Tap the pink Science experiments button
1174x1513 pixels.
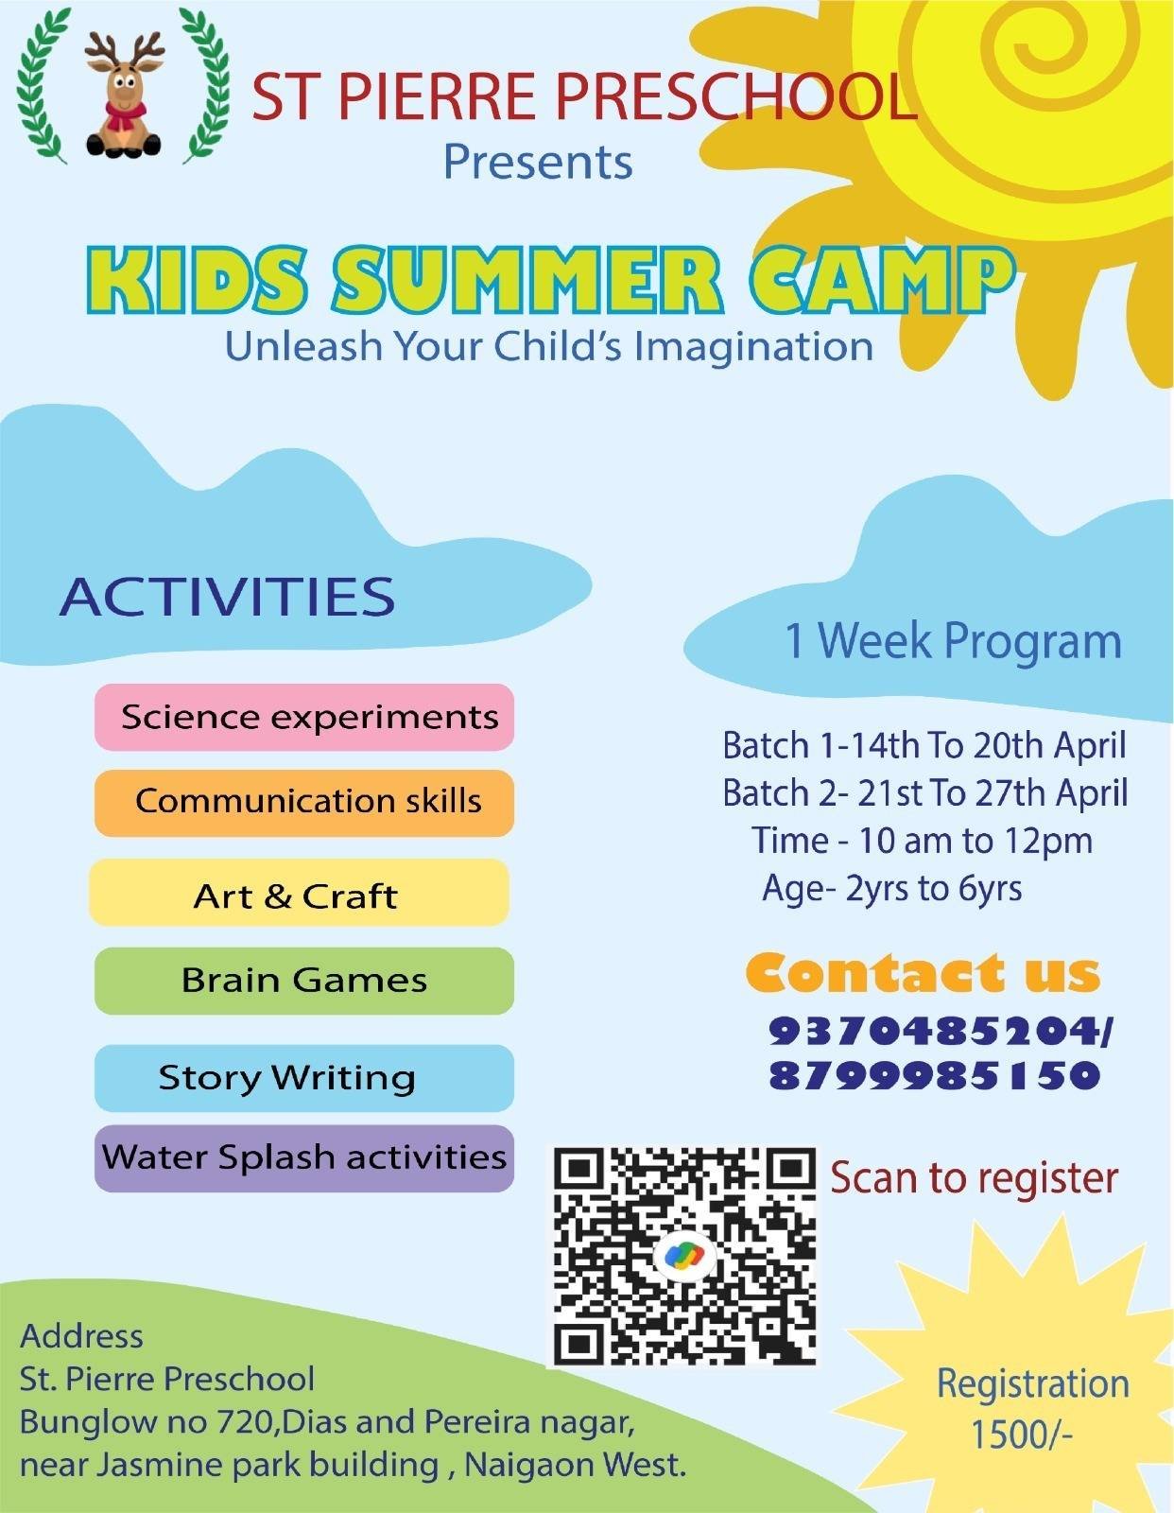[x=304, y=717]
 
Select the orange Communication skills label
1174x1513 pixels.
[x=304, y=803]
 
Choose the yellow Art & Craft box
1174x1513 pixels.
[x=300, y=892]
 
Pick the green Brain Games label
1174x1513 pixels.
[x=304, y=981]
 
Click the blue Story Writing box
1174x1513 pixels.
[x=304, y=1078]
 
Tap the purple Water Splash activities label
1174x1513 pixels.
[x=304, y=1157]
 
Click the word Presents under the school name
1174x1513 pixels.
[x=538, y=162]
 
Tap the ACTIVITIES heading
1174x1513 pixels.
[x=228, y=597]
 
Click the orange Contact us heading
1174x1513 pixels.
[x=923, y=973]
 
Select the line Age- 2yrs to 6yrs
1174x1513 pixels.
[x=892, y=889]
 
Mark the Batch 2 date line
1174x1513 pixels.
[x=924, y=793]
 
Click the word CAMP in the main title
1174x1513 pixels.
[x=883, y=276]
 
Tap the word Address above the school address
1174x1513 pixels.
[x=82, y=1336]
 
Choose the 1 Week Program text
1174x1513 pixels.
[x=954, y=640]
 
